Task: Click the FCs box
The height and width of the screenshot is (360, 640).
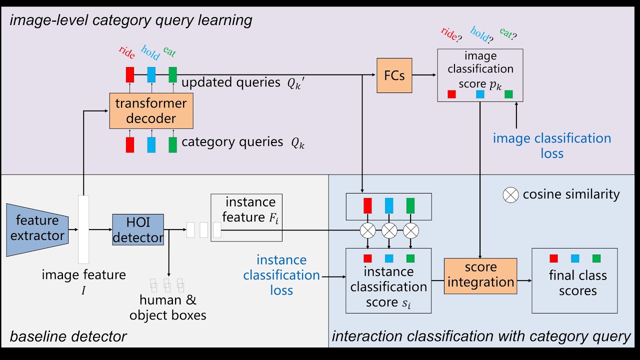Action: (394, 75)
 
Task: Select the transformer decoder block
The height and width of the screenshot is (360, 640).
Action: (151, 110)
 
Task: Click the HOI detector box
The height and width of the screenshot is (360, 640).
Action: (138, 229)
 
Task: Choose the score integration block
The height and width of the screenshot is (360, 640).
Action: (480, 275)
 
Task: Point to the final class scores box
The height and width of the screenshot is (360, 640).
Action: (574, 280)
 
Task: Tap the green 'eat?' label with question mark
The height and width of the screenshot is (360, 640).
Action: (508, 33)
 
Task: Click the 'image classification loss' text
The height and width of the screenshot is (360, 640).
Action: (551, 145)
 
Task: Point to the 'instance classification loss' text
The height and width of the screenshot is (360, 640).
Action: (281, 274)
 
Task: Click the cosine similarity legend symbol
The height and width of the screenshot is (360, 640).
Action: (510, 194)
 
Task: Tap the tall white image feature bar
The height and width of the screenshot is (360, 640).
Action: (83, 229)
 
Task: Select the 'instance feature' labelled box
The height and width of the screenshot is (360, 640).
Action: (246, 217)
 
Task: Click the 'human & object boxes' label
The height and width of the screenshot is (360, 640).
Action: (168, 307)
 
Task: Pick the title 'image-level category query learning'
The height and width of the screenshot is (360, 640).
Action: (131, 20)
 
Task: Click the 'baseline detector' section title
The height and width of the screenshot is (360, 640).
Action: (68, 336)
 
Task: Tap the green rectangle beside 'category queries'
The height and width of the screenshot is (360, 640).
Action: (172, 144)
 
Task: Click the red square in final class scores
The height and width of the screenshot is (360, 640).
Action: (553, 258)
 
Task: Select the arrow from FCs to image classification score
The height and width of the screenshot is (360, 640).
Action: (424, 75)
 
